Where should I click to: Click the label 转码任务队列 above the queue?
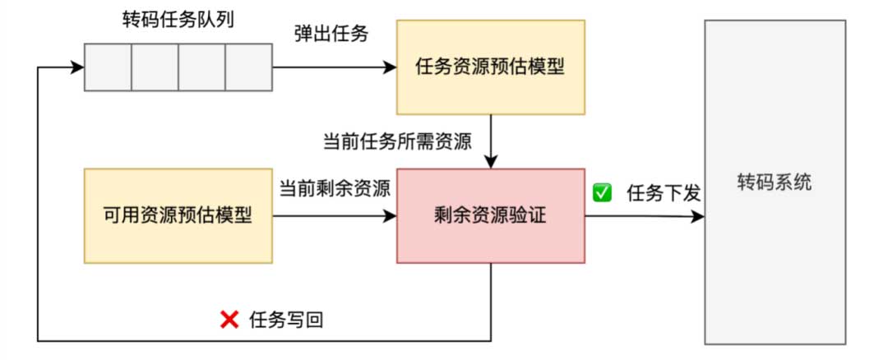178,21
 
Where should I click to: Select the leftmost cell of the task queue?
108,67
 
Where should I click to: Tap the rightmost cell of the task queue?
249,67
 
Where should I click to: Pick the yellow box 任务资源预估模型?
491,67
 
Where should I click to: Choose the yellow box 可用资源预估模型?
178,216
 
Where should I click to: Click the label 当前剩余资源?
335,188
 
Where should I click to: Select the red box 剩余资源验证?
491,216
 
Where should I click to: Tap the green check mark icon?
602,193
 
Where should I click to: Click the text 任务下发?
664,194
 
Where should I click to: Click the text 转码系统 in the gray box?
775,182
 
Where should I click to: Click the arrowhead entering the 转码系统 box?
699,217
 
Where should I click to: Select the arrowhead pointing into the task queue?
79,67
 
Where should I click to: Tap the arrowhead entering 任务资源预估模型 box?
391,67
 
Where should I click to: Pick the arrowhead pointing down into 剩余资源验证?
491,163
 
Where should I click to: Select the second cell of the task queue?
155,67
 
